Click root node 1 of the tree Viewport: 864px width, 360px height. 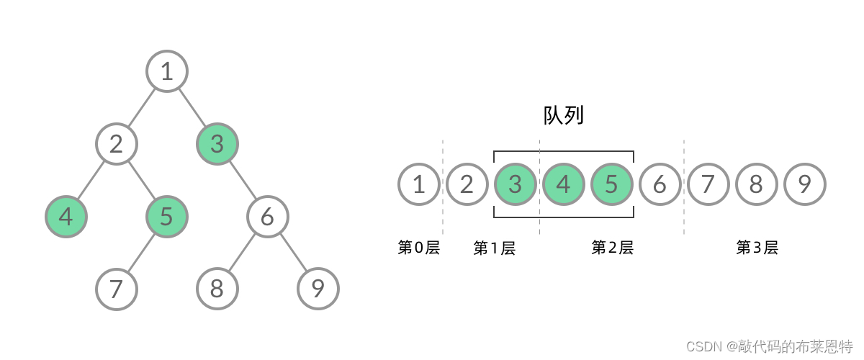(167, 71)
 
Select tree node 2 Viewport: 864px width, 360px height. (117, 144)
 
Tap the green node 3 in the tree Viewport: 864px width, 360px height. (217, 144)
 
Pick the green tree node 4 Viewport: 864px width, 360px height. (66, 216)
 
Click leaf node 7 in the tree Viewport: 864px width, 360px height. (117, 289)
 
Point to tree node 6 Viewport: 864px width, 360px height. (268, 216)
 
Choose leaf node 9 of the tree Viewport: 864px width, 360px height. (318, 289)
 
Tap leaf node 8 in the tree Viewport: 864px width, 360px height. (217, 289)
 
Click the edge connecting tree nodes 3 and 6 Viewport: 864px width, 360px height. (243, 180)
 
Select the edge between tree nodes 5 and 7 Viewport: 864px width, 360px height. (142, 252)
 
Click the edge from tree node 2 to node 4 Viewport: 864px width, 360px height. (91, 180)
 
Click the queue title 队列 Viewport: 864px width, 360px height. (563, 116)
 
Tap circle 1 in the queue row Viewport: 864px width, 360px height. (419, 184)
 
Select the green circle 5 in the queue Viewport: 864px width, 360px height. (611, 184)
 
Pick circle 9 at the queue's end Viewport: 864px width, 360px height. (804, 184)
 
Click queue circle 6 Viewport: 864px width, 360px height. (660, 184)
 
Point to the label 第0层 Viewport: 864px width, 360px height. (418, 248)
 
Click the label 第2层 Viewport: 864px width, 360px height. (612, 248)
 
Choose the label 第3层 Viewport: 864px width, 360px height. (757, 248)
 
